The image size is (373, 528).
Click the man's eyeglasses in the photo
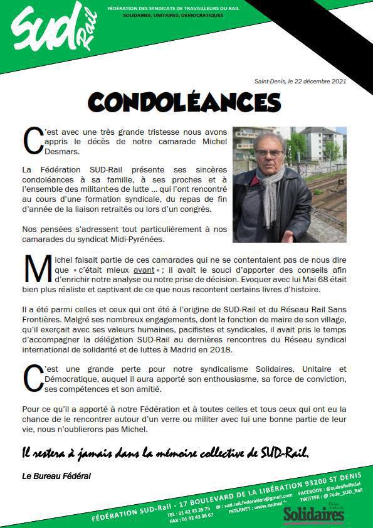pos(269,153)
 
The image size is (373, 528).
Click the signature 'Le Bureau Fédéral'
pos(56,476)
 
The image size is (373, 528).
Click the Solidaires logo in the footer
pos(313,514)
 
